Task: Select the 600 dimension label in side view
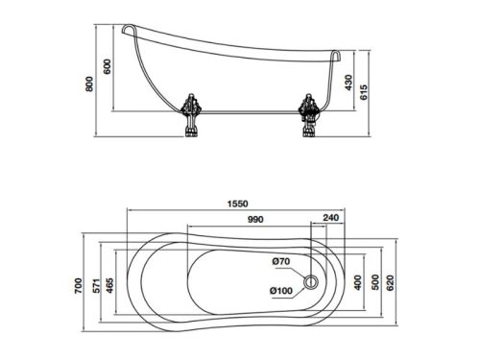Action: pos(108,66)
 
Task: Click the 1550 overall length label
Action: pos(239,204)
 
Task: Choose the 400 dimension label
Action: pos(358,282)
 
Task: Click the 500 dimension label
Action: pos(375,282)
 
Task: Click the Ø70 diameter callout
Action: pos(280,262)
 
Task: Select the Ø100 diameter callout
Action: pos(282,293)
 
